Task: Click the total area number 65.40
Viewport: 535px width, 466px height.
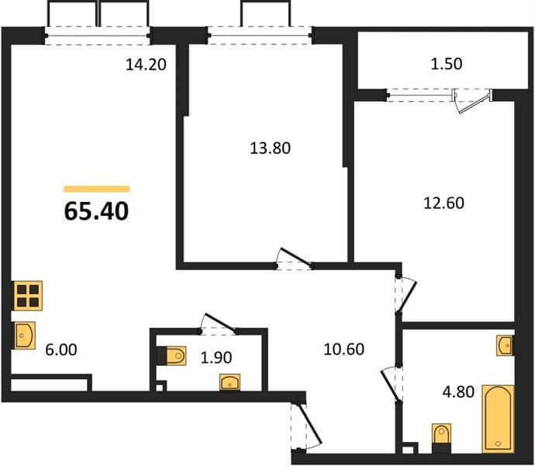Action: coord(96,211)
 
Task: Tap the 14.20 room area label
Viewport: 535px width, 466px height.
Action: coord(146,64)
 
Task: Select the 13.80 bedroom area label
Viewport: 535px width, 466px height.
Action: coord(271,148)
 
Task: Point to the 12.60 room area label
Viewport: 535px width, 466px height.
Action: coord(444,203)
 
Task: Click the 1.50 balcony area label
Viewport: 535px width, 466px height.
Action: coord(447,64)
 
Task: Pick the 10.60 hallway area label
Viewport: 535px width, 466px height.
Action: coord(344,349)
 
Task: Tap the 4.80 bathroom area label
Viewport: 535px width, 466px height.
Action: coord(458,391)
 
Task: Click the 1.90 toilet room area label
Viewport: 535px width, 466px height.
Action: coord(216,357)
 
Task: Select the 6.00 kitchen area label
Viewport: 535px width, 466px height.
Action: coord(61,349)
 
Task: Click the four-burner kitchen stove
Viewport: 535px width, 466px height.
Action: coord(28,296)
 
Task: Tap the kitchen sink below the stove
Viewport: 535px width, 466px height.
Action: coord(24,336)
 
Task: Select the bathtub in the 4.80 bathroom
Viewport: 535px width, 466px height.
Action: coord(498,419)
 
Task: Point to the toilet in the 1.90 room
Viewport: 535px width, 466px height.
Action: coord(171,356)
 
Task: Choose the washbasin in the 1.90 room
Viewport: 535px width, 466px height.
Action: coord(230,382)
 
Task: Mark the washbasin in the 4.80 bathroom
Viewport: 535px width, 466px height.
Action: coord(505,346)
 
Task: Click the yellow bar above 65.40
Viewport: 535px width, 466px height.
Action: coord(97,189)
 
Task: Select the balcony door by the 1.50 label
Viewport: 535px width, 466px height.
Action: coord(472,101)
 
